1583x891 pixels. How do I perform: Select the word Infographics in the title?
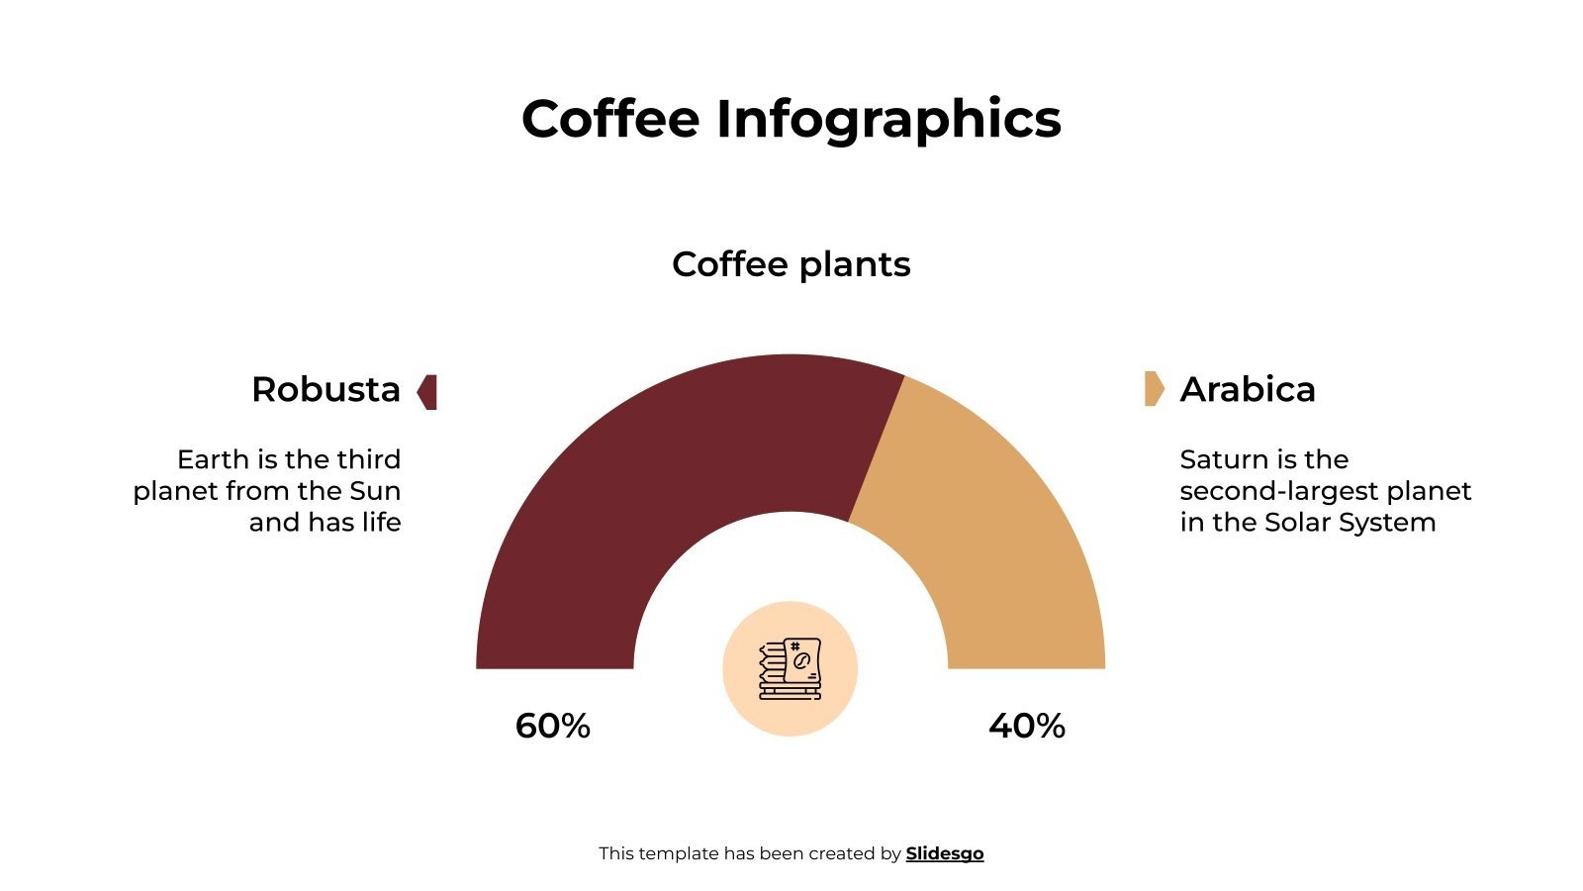(887, 120)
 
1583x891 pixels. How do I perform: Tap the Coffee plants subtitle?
(791, 264)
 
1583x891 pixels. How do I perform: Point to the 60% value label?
(552, 727)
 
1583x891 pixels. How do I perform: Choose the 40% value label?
(1026, 727)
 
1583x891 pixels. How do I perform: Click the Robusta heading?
(326, 390)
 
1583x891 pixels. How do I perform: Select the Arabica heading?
(1248, 390)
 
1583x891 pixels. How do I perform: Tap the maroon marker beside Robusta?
(427, 392)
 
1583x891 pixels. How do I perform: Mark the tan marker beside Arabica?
(1154, 389)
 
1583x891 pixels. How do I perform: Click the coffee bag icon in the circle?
(790, 669)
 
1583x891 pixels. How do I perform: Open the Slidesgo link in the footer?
(944, 853)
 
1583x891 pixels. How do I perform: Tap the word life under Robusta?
(380, 523)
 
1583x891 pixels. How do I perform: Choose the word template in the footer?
(679, 853)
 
